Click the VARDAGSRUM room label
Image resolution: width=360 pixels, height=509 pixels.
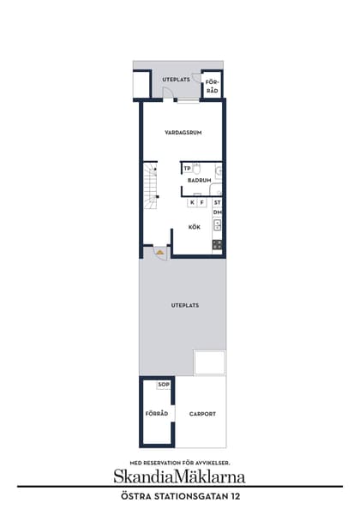(x=182, y=133)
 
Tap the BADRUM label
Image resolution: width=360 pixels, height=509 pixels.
(x=200, y=181)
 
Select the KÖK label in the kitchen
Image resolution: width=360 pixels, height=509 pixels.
(x=195, y=227)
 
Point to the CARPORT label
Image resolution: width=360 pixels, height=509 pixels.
(x=202, y=414)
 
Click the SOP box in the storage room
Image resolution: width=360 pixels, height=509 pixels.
(x=164, y=385)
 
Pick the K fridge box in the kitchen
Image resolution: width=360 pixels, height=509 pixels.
(x=191, y=203)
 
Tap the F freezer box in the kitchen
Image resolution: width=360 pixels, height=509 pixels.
(x=201, y=203)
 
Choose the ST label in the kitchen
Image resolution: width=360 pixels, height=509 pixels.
(x=218, y=203)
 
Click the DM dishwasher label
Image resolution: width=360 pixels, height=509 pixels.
(x=218, y=212)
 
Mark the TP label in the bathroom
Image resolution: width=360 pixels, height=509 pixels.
(x=187, y=168)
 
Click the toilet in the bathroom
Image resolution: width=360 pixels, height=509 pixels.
(x=196, y=167)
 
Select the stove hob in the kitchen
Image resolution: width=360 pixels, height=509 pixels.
(x=218, y=244)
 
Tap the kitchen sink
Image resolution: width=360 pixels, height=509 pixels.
(x=218, y=226)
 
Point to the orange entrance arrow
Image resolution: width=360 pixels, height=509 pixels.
(x=159, y=253)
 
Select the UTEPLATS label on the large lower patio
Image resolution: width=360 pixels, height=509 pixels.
(x=184, y=306)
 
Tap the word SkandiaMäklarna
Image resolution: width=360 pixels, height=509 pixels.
(x=180, y=476)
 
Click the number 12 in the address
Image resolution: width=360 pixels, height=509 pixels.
(x=232, y=495)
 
